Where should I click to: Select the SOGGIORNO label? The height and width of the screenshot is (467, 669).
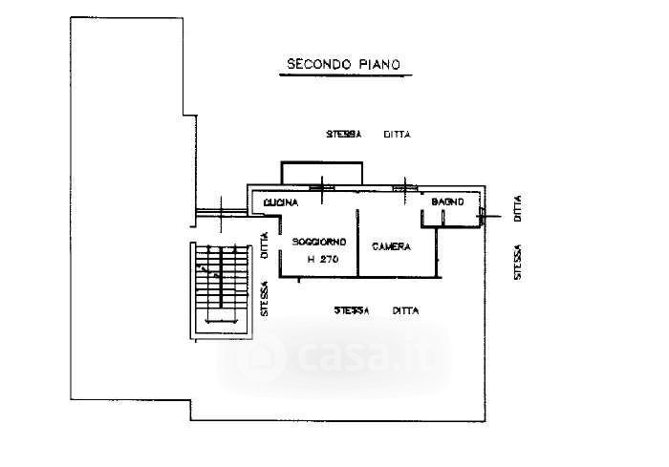pyautogui.click(x=319, y=242)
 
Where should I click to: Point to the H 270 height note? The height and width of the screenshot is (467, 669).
pyautogui.click(x=319, y=259)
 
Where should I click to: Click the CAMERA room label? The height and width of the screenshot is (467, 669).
pyautogui.click(x=391, y=246)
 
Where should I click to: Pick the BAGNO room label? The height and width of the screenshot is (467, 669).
pyautogui.click(x=447, y=202)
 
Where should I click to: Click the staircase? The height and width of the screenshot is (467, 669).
pyautogui.click(x=221, y=287)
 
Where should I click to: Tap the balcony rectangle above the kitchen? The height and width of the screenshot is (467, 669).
pyautogui.click(x=321, y=172)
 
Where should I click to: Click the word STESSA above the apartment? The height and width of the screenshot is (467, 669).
pyautogui.click(x=343, y=135)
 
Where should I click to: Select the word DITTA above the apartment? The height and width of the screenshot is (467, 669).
pyautogui.click(x=397, y=135)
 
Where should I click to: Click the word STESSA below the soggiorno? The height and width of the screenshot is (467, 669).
pyautogui.click(x=354, y=310)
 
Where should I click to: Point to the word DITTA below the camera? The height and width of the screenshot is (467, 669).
pyautogui.click(x=405, y=310)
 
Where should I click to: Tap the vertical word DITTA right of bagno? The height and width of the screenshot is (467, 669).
pyautogui.click(x=517, y=208)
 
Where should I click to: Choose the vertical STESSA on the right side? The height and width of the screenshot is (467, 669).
pyautogui.click(x=517, y=261)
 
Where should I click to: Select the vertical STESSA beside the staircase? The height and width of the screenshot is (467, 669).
pyautogui.click(x=265, y=298)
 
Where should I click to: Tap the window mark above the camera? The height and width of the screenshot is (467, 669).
pyautogui.click(x=407, y=187)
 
